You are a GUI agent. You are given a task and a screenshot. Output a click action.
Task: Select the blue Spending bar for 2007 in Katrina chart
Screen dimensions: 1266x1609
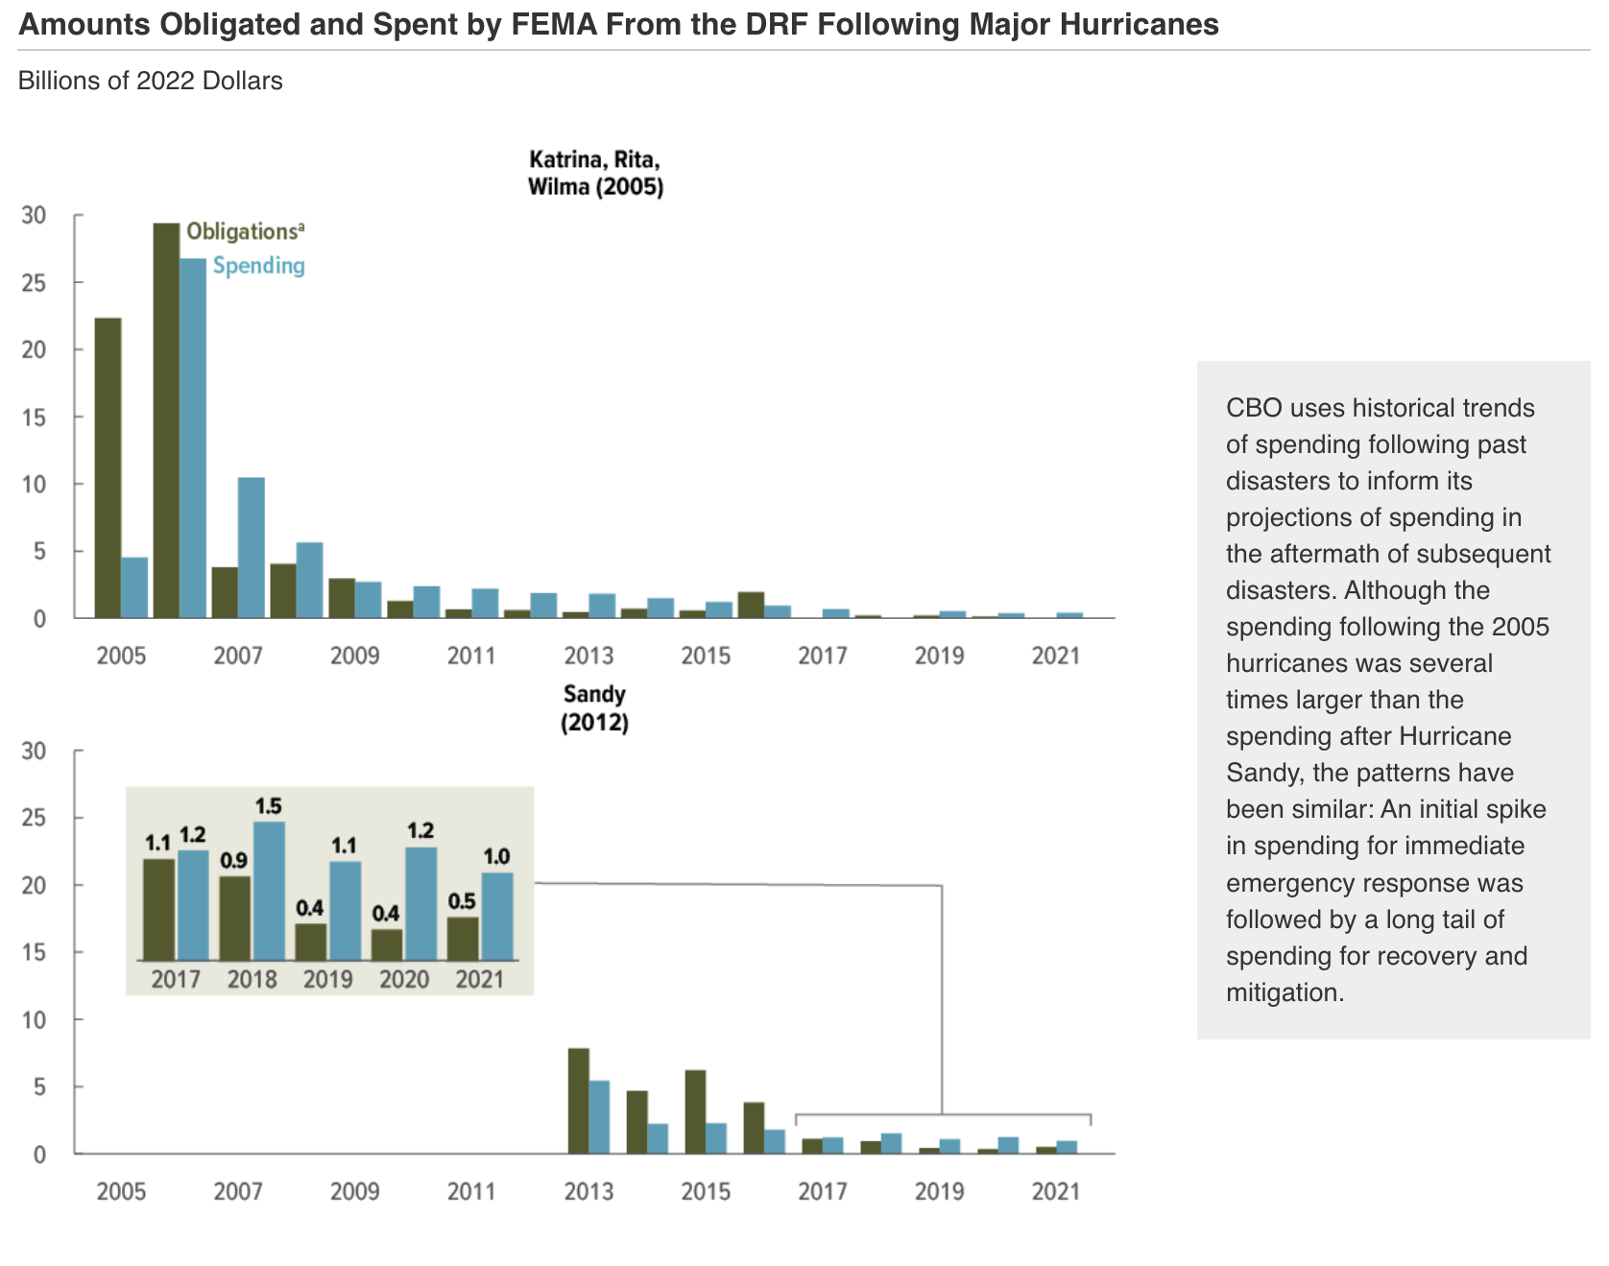[x=252, y=547]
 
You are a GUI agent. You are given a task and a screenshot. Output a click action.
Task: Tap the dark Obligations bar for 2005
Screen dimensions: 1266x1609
[x=108, y=467]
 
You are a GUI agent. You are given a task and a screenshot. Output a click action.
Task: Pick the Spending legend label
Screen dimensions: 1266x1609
[x=258, y=266]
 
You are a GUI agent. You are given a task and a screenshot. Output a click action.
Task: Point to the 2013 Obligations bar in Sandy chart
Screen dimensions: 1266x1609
[x=578, y=1101]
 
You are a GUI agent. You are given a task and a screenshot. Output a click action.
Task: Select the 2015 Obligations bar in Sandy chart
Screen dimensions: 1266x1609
[x=695, y=1111]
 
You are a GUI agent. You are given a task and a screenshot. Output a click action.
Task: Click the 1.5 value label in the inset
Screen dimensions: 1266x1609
[x=269, y=806]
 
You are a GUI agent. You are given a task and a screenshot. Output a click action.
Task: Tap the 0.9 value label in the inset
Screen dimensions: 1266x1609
[x=234, y=861]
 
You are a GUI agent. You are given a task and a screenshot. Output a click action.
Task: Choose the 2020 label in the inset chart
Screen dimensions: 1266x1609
[x=404, y=979]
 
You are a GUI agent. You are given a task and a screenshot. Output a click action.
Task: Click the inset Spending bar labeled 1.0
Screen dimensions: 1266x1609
[x=497, y=916]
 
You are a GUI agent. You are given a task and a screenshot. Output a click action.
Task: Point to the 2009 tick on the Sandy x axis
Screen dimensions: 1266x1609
[x=355, y=1191]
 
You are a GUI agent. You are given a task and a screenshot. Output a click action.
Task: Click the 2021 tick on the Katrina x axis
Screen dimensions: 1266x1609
[x=1056, y=656]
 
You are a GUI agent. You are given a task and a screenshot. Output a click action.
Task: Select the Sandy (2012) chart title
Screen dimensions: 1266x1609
[x=595, y=707]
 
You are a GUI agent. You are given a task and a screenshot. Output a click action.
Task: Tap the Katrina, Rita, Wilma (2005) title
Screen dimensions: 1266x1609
[x=595, y=173]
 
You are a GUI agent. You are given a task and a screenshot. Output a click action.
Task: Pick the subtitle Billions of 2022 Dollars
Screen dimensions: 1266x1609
[x=151, y=81]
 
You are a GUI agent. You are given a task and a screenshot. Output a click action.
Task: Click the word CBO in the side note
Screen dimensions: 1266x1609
[x=1254, y=408]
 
